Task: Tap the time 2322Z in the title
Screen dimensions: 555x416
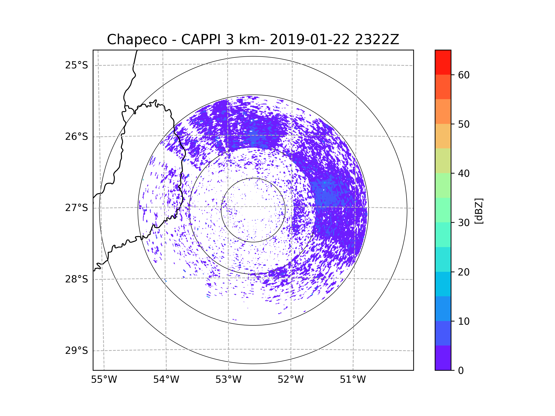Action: (x=377, y=39)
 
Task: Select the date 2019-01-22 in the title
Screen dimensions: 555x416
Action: (x=310, y=39)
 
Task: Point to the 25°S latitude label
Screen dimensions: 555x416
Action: (x=77, y=65)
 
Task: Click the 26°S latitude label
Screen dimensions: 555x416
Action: (x=77, y=137)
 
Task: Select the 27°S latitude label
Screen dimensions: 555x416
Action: (x=77, y=208)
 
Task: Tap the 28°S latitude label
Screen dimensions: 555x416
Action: (x=77, y=279)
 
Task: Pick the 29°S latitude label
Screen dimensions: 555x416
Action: (x=77, y=351)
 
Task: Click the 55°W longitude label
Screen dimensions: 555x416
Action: (x=104, y=380)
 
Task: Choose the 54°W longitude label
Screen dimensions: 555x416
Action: (x=166, y=380)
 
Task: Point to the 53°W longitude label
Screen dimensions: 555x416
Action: (x=228, y=380)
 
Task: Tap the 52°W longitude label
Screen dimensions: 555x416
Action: (x=290, y=380)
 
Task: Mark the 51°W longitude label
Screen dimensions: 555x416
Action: (x=353, y=380)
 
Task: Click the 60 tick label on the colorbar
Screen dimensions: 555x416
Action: (x=464, y=75)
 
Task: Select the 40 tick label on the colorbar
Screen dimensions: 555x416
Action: (x=464, y=174)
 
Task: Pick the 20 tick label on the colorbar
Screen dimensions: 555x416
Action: (x=464, y=272)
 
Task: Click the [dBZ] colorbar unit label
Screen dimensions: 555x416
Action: (x=479, y=211)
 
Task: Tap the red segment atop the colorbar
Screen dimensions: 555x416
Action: (x=443, y=62)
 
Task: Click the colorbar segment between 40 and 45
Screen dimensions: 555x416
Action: (x=443, y=161)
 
